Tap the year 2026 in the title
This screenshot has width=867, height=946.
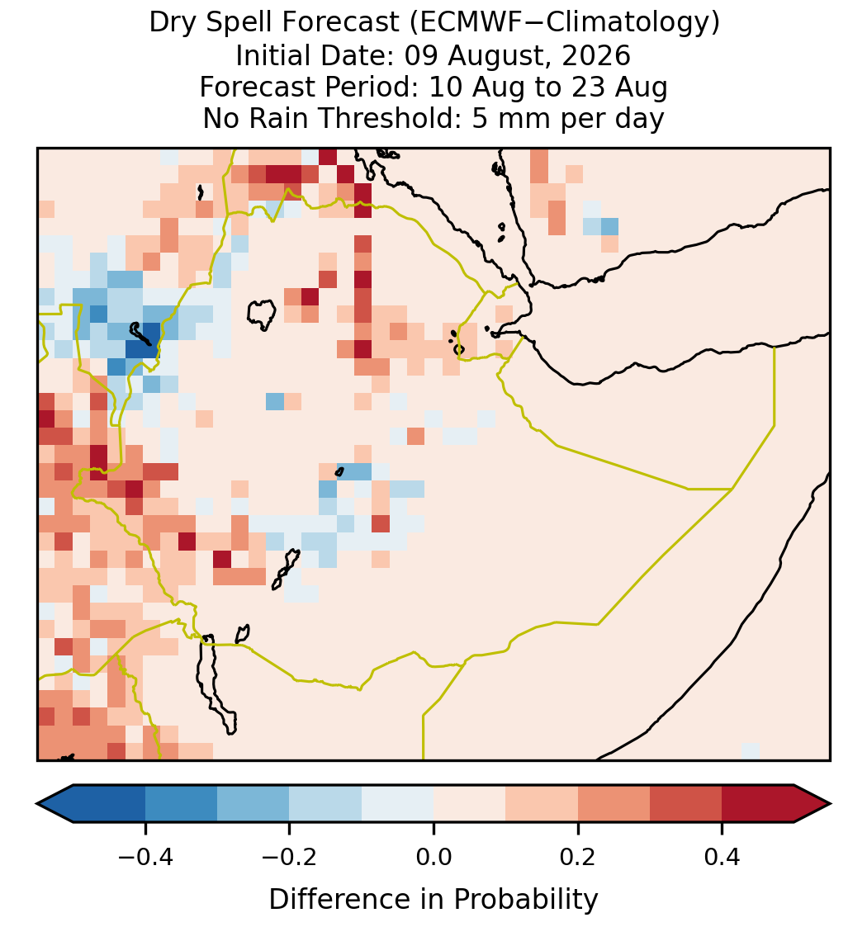[596, 55]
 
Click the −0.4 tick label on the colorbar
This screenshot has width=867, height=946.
[145, 857]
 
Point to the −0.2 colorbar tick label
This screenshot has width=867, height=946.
[290, 857]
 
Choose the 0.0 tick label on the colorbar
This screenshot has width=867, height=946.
[433, 857]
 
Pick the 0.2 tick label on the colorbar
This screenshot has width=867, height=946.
[578, 857]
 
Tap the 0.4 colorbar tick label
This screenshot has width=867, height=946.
[722, 857]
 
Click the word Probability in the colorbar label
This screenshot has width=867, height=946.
[526, 900]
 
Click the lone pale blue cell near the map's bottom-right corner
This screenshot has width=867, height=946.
[750, 751]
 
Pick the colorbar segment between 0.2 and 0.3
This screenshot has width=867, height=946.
[614, 804]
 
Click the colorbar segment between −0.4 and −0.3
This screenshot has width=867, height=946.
[181, 804]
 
